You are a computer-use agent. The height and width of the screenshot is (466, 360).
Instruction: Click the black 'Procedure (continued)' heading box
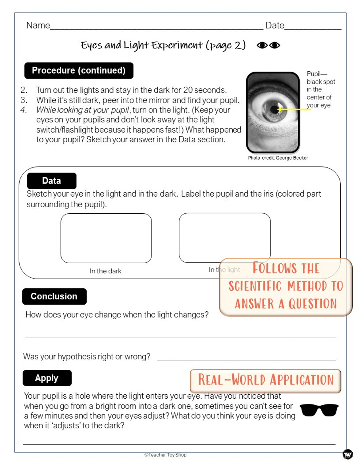79,71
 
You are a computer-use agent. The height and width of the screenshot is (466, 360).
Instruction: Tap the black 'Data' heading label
52,181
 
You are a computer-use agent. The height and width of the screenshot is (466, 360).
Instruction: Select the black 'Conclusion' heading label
54,296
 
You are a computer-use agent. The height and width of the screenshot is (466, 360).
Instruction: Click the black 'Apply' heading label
47,378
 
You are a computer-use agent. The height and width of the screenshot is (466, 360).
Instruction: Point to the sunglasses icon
319,410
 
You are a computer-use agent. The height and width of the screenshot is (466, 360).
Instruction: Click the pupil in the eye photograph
274,109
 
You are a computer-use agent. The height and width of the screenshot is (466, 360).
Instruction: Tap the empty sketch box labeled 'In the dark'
106,238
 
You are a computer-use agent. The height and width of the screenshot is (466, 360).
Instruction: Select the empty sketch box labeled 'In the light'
225,237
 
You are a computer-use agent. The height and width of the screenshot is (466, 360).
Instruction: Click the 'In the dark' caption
106,271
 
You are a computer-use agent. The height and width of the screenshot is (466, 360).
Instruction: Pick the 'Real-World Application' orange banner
265,380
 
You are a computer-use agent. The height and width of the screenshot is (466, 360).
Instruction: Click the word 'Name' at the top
38,25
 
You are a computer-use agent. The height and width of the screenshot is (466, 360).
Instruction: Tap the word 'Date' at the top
274,25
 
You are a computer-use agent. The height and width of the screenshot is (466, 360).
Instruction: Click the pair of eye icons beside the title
268,46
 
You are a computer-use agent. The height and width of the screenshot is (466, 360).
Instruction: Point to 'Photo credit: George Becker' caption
278,158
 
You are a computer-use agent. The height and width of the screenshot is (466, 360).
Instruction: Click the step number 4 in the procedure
24,110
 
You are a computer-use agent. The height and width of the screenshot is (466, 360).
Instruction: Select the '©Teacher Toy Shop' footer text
165,455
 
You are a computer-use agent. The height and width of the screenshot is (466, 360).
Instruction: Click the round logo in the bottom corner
348,454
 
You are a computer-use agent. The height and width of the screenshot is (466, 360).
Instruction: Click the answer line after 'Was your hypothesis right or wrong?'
246,359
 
